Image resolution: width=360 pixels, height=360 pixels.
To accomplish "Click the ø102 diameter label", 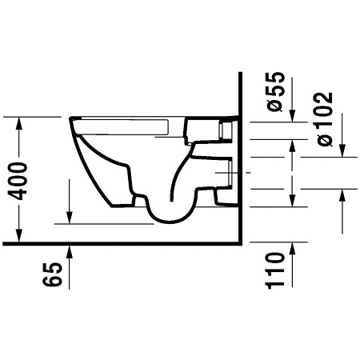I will pyautogui.click(x=323, y=117).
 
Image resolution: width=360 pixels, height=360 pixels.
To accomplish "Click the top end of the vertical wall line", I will pyautogui.click(x=240, y=73).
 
